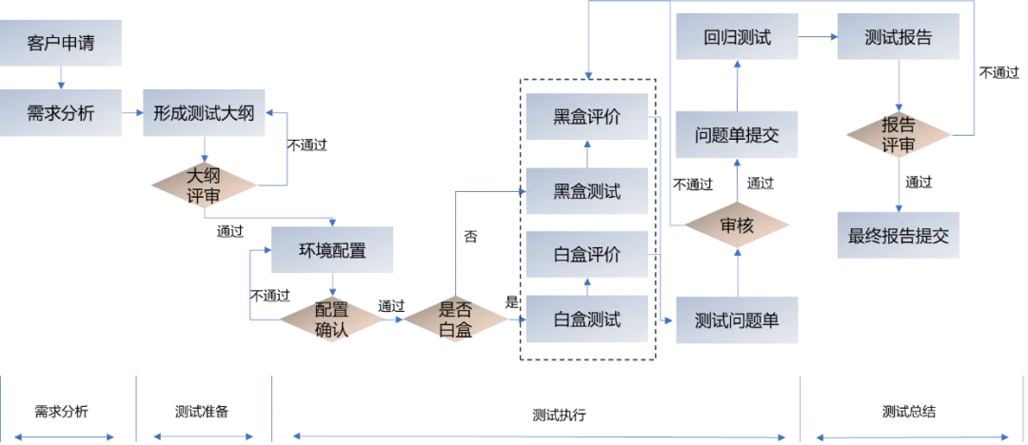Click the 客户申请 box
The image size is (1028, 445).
pos(63,44)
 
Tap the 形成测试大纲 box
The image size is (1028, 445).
pos(204,113)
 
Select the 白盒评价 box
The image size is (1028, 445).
pos(587,256)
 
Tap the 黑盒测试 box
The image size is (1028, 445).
pos(587,191)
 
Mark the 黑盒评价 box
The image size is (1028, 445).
pos(587,118)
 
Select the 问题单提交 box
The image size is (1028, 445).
pos(737,135)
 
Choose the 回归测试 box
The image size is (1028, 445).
pos(737,39)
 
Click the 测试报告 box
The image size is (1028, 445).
pos(899,39)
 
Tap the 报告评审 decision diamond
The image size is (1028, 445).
pos(899,135)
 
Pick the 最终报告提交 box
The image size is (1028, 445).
pos(899,236)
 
